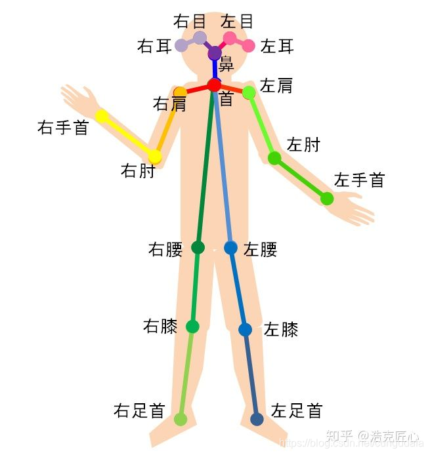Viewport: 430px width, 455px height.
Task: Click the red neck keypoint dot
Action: point(214,85)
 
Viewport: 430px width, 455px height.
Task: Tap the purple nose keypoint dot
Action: point(215,53)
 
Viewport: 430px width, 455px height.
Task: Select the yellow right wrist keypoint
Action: point(102,117)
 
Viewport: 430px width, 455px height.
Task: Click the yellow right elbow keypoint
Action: point(155,157)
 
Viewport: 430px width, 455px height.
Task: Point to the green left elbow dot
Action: point(274,158)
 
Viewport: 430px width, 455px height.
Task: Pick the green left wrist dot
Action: point(327,198)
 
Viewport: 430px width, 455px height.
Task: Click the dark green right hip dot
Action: point(198,247)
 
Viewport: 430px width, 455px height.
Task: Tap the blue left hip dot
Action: point(230,248)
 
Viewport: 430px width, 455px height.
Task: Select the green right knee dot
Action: point(192,326)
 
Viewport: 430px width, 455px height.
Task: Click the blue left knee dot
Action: point(245,329)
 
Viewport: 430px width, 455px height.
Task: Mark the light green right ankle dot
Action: point(181,419)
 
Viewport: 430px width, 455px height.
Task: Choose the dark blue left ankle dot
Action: point(257,419)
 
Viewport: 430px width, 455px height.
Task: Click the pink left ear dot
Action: point(249,46)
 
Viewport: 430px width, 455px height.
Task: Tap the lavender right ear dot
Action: point(181,46)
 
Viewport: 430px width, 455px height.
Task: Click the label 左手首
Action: point(359,180)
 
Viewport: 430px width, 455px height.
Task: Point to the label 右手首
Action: point(63,127)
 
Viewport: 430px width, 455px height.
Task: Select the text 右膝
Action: point(160,326)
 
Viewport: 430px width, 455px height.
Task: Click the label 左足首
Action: point(297,411)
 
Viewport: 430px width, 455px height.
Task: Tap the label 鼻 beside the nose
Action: point(226,65)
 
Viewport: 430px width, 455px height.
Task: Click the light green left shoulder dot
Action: point(249,92)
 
